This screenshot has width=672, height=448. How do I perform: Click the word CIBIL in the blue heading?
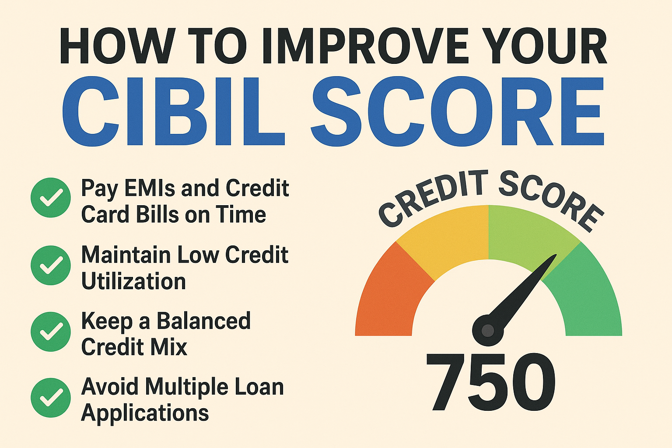(x=173, y=111)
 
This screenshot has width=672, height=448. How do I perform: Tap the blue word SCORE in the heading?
(x=457, y=111)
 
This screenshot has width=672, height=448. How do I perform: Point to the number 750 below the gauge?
(x=490, y=381)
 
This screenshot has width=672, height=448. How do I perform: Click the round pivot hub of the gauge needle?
(x=487, y=330)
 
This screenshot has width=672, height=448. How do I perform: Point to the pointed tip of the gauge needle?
(x=556, y=255)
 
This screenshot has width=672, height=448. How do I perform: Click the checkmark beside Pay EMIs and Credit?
(x=51, y=197)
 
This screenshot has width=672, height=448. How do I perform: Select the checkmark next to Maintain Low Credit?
(x=51, y=265)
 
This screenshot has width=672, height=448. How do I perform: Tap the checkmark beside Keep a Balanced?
(x=51, y=332)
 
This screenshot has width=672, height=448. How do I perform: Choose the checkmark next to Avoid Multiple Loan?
(x=51, y=398)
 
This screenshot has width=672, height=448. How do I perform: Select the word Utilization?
(x=133, y=281)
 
